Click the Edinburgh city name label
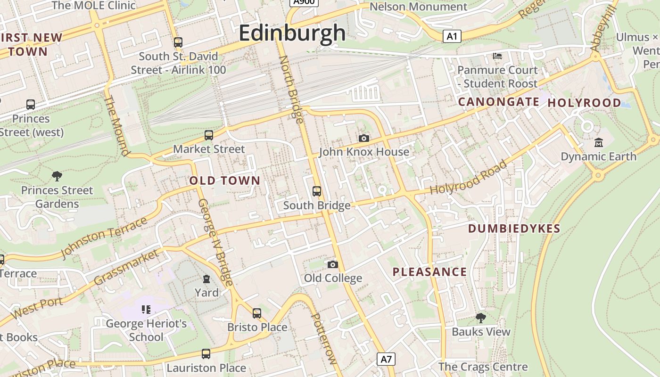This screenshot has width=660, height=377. (x=292, y=33)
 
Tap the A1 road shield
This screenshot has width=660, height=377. (x=452, y=36)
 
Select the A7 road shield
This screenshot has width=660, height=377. (x=386, y=359)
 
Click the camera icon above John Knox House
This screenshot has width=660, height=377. (x=363, y=138)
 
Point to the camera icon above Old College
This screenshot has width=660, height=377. (x=333, y=264)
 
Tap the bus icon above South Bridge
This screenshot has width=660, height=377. (x=317, y=191)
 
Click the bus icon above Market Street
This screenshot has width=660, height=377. (x=209, y=135)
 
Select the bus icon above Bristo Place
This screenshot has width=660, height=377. (x=257, y=313)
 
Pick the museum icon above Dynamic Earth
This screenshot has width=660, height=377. (x=598, y=142)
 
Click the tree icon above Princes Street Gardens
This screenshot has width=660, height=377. (x=57, y=176)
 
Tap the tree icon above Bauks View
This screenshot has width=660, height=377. (x=481, y=318)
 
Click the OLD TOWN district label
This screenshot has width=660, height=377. (x=225, y=180)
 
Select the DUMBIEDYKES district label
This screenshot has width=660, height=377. (x=514, y=229)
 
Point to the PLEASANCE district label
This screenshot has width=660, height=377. (x=429, y=272)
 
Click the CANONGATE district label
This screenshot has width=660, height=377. (x=499, y=102)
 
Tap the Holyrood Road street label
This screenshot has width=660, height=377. (x=469, y=178)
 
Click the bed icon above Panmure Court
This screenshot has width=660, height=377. (x=497, y=56)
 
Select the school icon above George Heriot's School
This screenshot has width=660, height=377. (x=146, y=310)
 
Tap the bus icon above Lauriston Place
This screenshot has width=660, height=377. (x=206, y=353)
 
